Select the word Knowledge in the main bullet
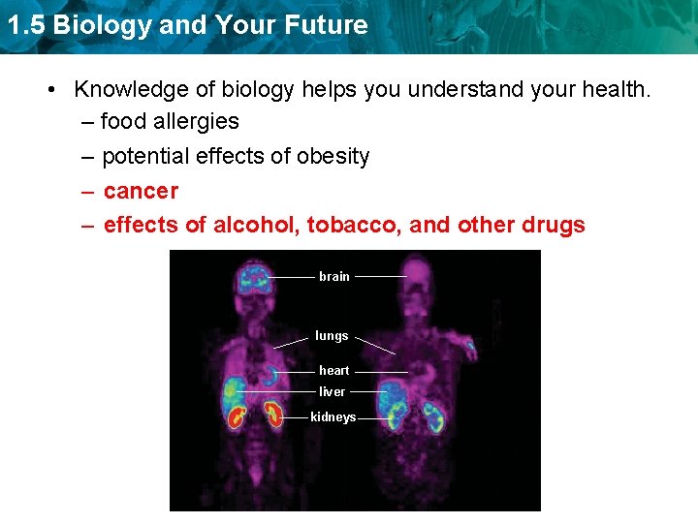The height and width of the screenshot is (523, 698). (130, 90)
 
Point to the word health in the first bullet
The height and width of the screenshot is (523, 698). (616, 90)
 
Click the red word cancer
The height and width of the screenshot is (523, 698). (141, 191)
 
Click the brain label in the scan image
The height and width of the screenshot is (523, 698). (333, 277)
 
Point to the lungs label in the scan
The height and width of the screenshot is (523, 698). (332, 336)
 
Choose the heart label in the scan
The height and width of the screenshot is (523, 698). (333, 371)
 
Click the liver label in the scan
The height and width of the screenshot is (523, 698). (332, 392)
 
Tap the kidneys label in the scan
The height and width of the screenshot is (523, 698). (333, 417)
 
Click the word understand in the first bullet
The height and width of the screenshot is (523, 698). (464, 90)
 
